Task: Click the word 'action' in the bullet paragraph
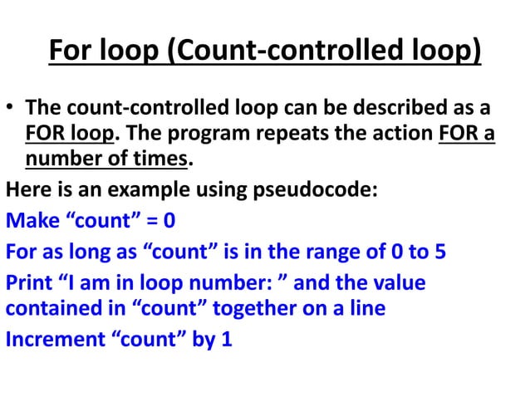400,132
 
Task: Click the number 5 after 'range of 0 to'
439,252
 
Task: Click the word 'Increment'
54,339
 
